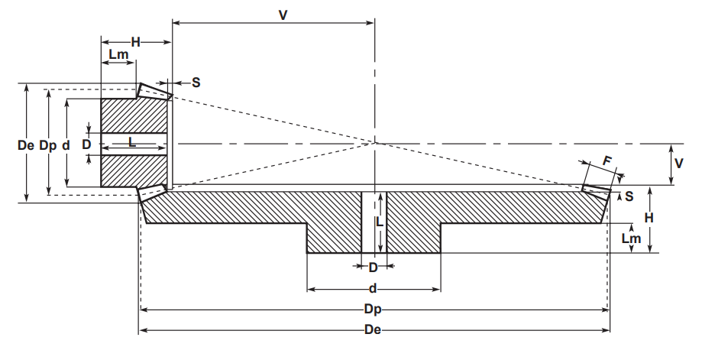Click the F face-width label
pyautogui.click(x=607, y=161)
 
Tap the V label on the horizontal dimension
pyautogui.click(x=283, y=15)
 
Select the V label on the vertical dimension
pyautogui.click(x=679, y=164)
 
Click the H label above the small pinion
pyautogui.click(x=136, y=42)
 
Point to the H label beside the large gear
pyautogui.click(x=649, y=218)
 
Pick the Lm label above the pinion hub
pyautogui.click(x=118, y=54)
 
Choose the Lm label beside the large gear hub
pyautogui.click(x=631, y=238)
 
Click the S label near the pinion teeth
pyautogui.click(x=196, y=83)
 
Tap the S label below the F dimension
pyautogui.click(x=629, y=196)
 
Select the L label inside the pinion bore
pyautogui.click(x=132, y=142)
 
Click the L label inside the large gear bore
pyautogui.click(x=380, y=222)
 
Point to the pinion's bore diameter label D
pyautogui.click(x=87, y=144)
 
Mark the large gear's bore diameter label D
pyautogui.click(x=373, y=268)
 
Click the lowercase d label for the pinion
pyautogui.click(x=66, y=145)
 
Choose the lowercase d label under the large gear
pyautogui.click(x=373, y=289)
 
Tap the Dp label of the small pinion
pyautogui.click(x=48, y=146)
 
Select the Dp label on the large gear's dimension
pyautogui.click(x=373, y=310)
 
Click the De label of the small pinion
pyautogui.click(x=26, y=145)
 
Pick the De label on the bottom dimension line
pyautogui.click(x=373, y=330)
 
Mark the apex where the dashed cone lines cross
pyautogui.click(x=374, y=143)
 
